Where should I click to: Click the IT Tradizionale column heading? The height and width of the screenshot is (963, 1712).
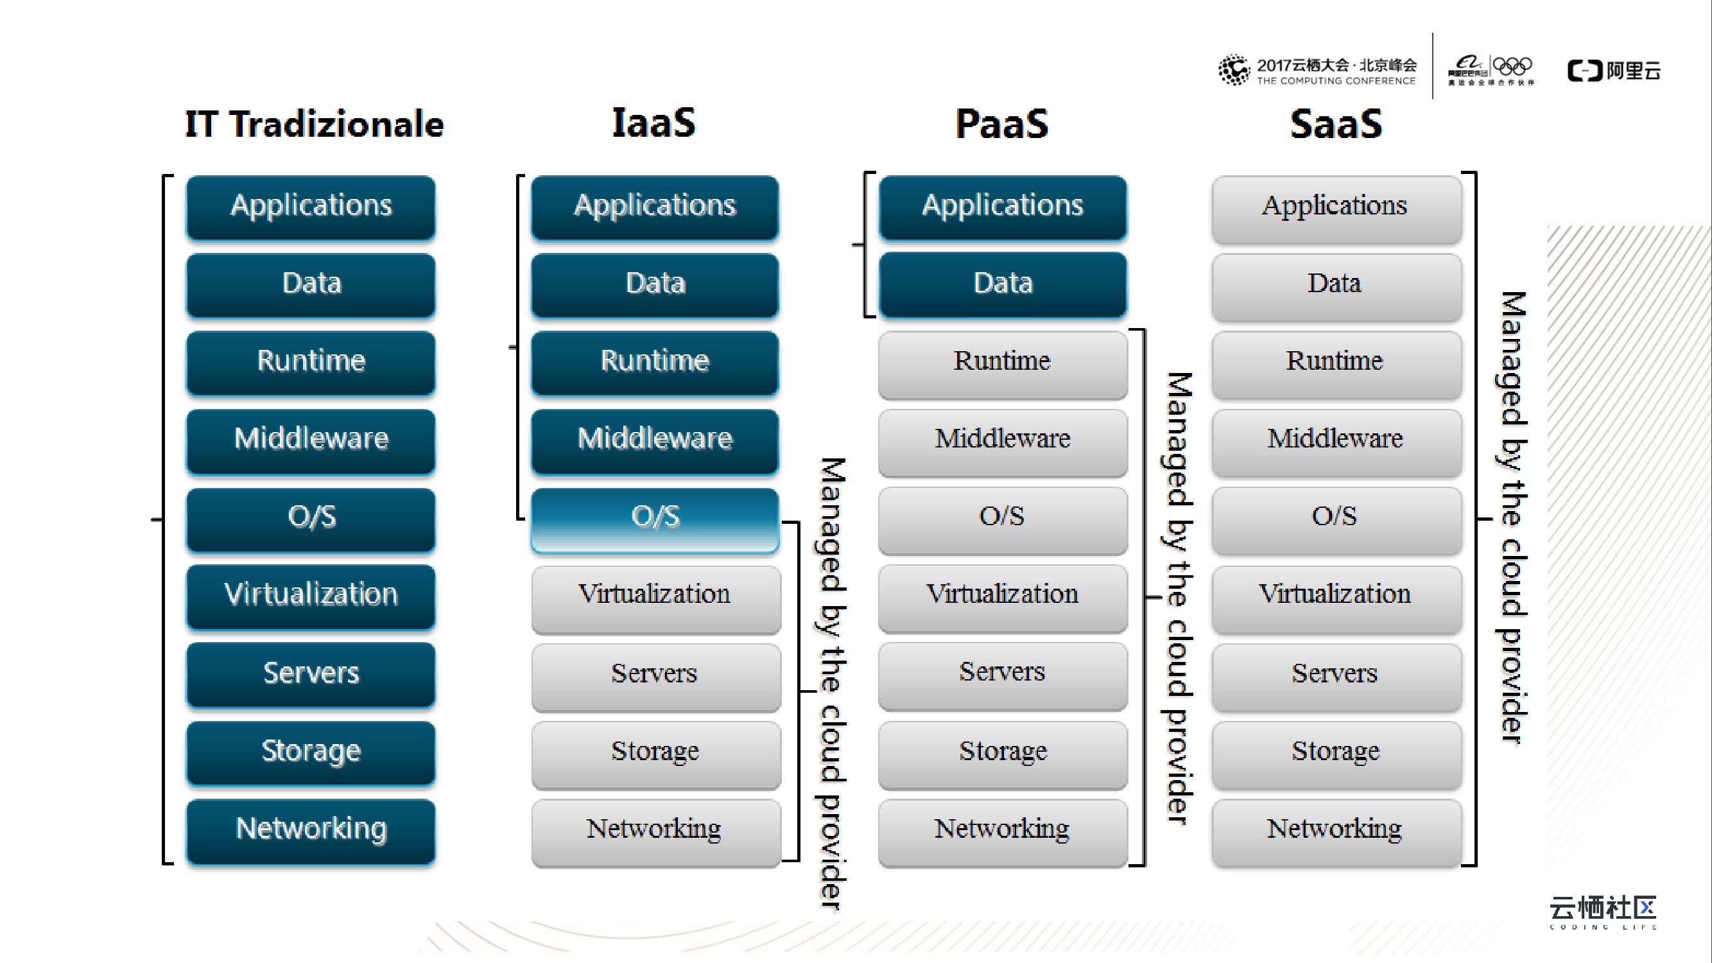pos(314,125)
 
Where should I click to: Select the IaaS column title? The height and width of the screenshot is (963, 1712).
pos(653,124)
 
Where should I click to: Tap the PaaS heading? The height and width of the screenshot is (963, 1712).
pos(1001,125)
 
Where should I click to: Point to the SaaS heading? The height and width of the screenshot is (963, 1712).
pos(1336,125)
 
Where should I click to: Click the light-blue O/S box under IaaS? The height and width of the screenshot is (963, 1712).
pos(655,518)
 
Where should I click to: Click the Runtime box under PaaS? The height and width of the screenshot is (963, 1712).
pos(1003,363)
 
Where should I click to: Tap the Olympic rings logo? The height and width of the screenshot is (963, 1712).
pos(1512,67)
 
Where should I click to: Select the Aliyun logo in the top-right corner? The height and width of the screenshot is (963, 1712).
pos(1614,71)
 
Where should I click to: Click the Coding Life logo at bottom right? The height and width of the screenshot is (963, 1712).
pos(1602,912)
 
